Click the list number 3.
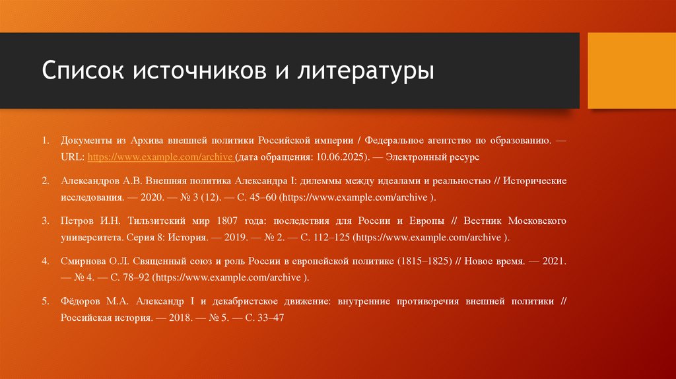point(45,219)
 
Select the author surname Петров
point(78,219)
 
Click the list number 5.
point(45,300)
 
